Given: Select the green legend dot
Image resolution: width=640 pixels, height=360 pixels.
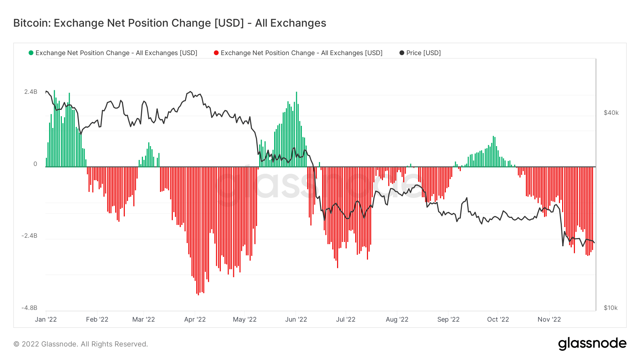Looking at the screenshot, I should (31, 53).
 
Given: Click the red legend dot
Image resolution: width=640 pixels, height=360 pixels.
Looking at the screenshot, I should (216, 53).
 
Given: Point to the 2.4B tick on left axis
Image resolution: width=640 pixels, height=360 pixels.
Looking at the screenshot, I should (31, 92).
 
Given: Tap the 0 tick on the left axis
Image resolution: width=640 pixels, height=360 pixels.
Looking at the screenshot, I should (35, 164).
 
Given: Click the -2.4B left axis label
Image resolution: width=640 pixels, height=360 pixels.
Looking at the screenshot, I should (29, 236).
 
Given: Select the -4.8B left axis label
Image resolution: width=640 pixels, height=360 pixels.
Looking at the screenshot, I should (29, 308).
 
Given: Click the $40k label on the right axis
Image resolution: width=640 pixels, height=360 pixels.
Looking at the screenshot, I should (611, 113).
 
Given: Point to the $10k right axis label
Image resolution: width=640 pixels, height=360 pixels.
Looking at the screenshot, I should (610, 308).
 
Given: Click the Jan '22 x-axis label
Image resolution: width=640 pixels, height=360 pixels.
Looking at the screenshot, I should (46, 319).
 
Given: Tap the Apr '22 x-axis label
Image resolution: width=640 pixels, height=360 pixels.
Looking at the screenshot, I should (195, 319).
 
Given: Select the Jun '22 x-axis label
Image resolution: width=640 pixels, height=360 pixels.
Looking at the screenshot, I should (296, 319).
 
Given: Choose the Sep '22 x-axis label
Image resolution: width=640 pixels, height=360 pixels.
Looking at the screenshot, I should (448, 319).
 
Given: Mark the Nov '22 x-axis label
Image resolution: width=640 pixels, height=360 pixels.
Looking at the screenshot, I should (549, 319).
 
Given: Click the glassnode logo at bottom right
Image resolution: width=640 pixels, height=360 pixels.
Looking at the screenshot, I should (592, 344).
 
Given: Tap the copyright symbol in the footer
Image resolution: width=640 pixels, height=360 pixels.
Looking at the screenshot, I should (16, 344).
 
